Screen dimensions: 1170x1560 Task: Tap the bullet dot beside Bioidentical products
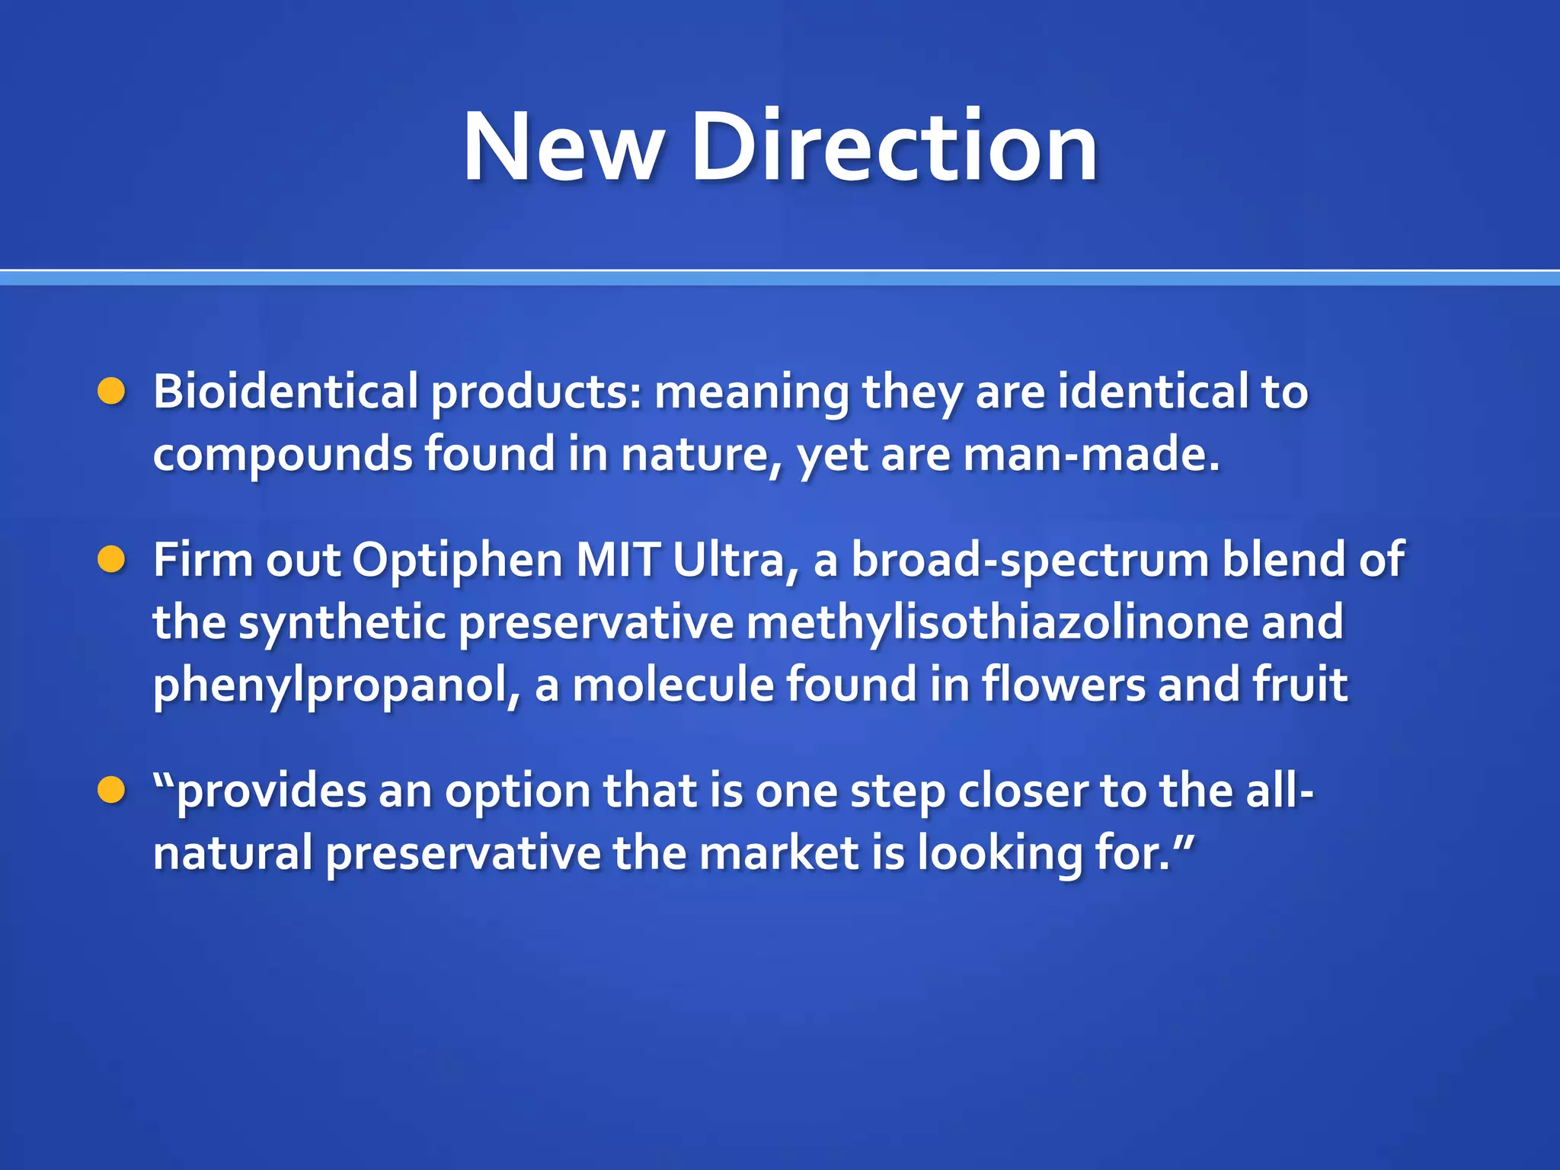[111, 392]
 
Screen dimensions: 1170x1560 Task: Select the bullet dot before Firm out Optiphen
[111, 560]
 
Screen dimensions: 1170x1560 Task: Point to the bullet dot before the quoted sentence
[111, 791]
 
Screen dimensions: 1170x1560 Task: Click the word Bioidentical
[286, 392]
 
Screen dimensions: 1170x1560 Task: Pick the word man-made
[1091, 454]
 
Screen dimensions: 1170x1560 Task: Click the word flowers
[1063, 684]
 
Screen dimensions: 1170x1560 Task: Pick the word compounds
[282, 456]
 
